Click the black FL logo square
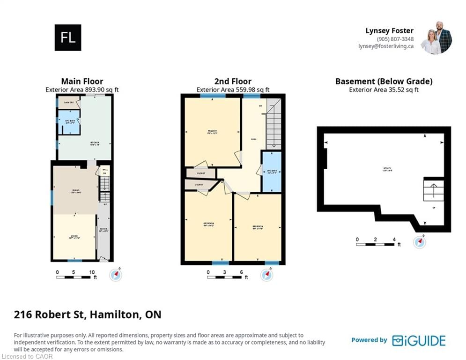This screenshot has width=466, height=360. pyautogui.click(x=68, y=37)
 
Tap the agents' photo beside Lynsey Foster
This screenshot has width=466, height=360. pyautogui.click(x=436, y=37)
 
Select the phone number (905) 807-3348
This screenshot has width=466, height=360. pyautogui.click(x=395, y=39)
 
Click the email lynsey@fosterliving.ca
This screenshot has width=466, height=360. pyautogui.click(x=386, y=46)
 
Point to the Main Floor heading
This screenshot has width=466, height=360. pyautogui.click(x=82, y=81)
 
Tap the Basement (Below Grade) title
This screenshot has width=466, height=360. pyautogui.click(x=384, y=81)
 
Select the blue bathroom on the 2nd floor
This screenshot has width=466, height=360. pyautogui.click(x=271, y=172)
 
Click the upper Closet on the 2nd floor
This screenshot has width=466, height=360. pyautogui.click(x=200, y=173)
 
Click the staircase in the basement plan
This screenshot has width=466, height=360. pyautogui.click(x=433, y=191)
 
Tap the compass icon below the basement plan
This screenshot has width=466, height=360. pyautogui.click(x=420, y=242)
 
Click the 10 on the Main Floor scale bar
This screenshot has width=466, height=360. pyautogui.click(x=92, y=272)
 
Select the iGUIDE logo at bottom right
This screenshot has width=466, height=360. pyautogui.click(x=419, y=340)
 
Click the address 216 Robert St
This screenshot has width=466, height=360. pyautogui.click(x=50, y=314)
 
